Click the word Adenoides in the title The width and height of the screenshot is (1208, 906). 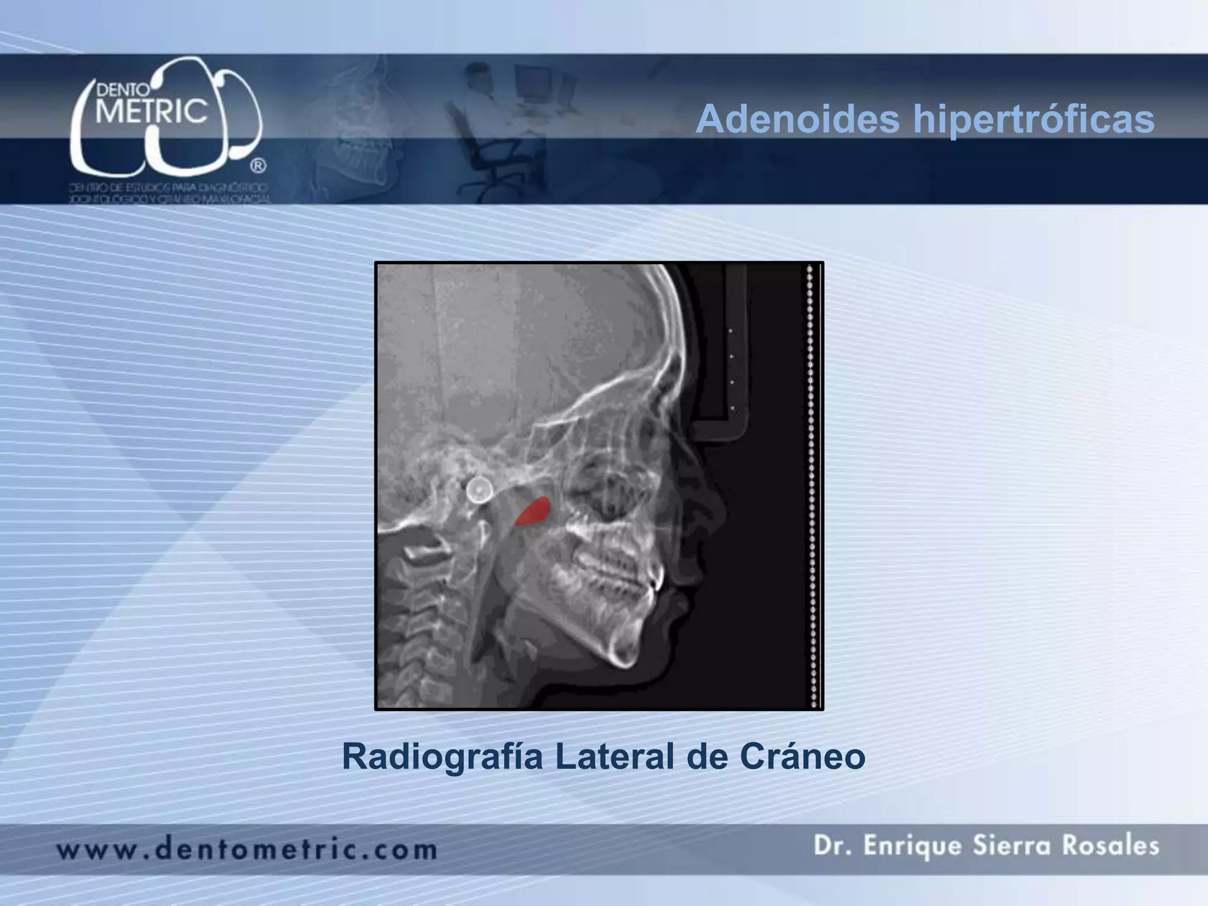coord(797,120)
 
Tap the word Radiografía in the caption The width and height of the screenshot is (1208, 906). coord(442,757)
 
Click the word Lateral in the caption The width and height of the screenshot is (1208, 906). coord(614,757)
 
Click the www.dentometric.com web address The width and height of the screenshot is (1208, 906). coord(247,850)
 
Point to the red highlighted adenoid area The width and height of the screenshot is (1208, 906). coord(533,511)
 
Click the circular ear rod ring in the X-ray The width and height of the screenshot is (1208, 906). coord(479,490)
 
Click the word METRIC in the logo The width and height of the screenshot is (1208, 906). coord(152,111)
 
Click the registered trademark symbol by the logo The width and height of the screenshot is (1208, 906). coord(258,166)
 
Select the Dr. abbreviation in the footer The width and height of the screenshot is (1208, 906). coord(830,846)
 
